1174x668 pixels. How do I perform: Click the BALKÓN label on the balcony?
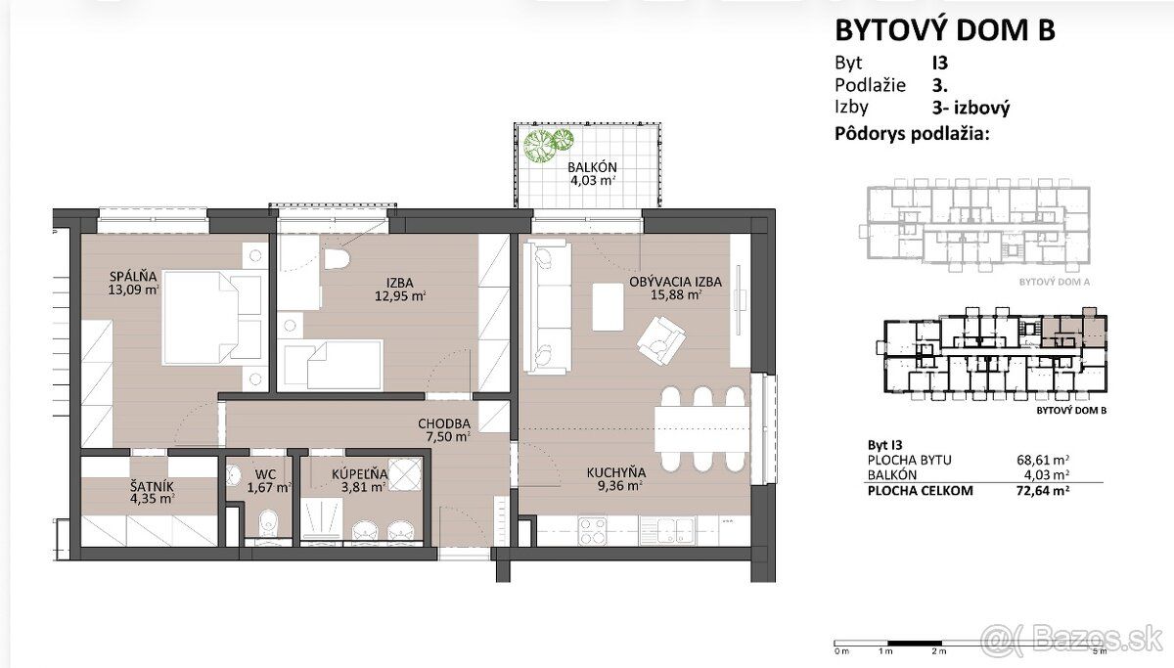click(x=592, y=167)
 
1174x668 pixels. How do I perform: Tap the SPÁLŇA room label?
click(x=133, y=276)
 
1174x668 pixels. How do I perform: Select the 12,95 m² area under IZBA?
click(x=400, y=296)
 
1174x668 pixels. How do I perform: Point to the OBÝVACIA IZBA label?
click(x=675, y=282)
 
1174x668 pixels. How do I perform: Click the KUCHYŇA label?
click(x=616, y=472)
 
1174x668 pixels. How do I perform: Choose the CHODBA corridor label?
click(x=444, y=423)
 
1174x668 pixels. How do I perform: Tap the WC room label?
click(x=265, y=474)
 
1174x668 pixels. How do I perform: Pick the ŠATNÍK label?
click(x=152, y=486)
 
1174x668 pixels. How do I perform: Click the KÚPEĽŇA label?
click(x=360, y=474)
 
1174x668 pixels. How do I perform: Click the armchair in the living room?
click(x=661, y=340)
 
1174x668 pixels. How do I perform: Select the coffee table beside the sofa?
click(x=608, y=307)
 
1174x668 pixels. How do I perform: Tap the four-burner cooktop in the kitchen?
click(x=592, y=531)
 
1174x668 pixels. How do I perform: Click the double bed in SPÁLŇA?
click(x=212, y=318)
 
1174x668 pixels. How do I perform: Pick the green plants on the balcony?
click(x=548, y=144)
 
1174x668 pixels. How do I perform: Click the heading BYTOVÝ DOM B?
click(x=945, y=30)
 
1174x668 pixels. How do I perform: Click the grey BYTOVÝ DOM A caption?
click(x=1055, y=282)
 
